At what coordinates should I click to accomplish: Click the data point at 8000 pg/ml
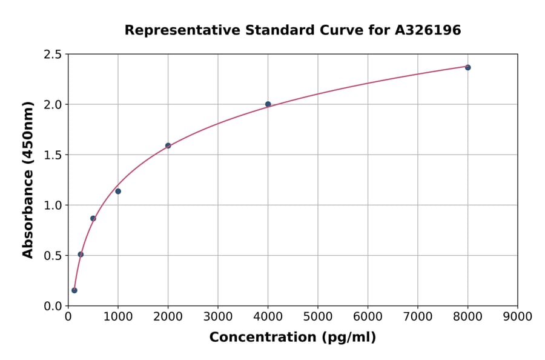click(467, 67)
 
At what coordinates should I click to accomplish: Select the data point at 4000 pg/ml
click(268, 104)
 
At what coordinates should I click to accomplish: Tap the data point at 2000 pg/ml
click(168, 145)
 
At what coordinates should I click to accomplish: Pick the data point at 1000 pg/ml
click(118, 192)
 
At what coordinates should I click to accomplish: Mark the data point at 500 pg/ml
click(93, 218)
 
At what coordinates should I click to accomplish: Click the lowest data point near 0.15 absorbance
click(74, 290)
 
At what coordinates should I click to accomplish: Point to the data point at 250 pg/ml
click(81, 255)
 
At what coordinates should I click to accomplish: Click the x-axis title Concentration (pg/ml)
click(292, 338)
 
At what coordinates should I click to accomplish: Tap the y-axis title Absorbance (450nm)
click(28, 180)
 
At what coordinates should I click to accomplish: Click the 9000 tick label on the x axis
click(517, 317)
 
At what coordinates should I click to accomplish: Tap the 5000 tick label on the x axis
click(317, 317)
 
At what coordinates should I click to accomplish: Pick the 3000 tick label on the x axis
click(218, 317)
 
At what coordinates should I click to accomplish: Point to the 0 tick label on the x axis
click(68, 317)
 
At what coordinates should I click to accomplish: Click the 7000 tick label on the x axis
click(417, 317)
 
